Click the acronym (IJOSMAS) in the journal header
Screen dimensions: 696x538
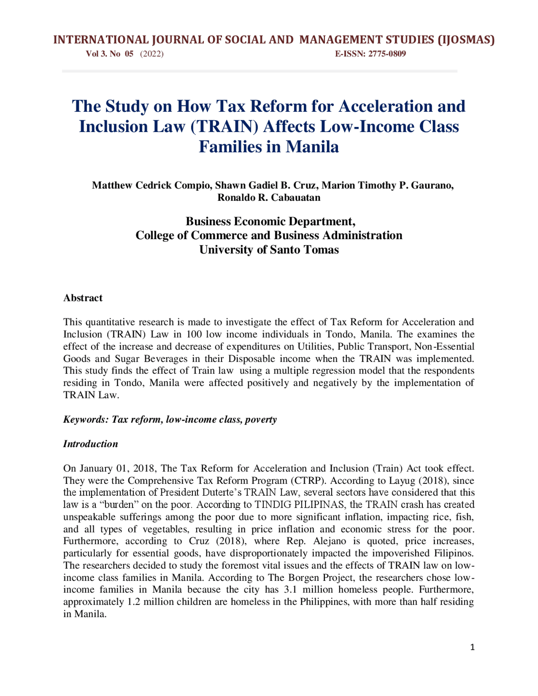click(466, 40)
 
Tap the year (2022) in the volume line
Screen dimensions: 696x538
click(152, 54)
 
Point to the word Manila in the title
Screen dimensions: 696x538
click(312, 147)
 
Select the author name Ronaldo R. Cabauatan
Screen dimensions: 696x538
click(269, 198)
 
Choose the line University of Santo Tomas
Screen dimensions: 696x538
click(269, 250)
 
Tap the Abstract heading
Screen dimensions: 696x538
click(83, 298)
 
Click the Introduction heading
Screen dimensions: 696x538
click(90, 444)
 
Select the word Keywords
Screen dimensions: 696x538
click(85, 419)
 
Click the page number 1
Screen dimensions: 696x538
click(472, 647)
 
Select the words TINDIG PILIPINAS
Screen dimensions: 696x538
click(299, 505)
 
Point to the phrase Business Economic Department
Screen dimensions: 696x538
click(270, 221)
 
